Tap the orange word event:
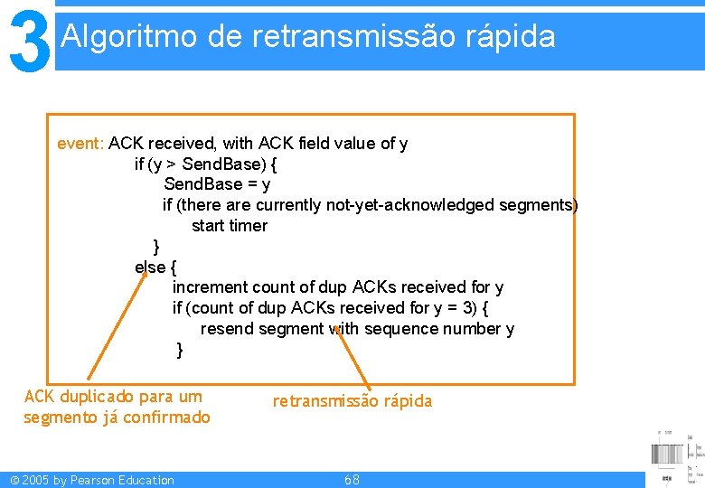pyautogui.click(x=80, y=144)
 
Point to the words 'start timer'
pyautogui.click(x=230, y=226)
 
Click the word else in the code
pyautogui.click(x=150, y=267)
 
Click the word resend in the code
pyautogui.click(x=227, y=329)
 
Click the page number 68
pyautogui.click(x=352, y=480)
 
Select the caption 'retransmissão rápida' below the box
pyautogui.click(x=352, y=401)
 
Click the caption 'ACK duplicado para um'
pyautogui.click(x=113, y=397)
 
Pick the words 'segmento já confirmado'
pyautogui.click(x=117, y=418)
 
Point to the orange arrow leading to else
pyautogui.click(x=115, y=325)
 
